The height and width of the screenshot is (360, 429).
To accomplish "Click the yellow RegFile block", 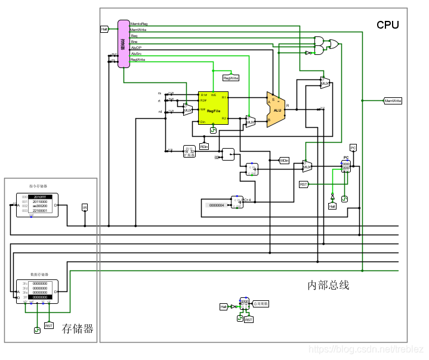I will click(x=213, y=107).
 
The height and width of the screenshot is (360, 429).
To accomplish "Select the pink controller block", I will click(x=124, y=43).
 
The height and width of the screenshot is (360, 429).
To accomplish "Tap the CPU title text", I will click(x=387, y=25).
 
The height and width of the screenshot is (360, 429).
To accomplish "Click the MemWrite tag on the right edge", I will click(x=393, y=101).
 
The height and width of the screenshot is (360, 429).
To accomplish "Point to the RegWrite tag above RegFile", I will click(x=230, y=78).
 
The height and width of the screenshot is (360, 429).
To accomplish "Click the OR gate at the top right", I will click(x=334, y=44).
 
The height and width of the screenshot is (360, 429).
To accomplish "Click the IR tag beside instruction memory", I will click(x=84, y=207).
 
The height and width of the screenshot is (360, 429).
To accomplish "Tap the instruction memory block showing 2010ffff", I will click(x=37, y=204).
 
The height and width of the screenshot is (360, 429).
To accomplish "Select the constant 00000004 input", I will click(x=215, y=205).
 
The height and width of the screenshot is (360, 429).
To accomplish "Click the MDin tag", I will click(x=284, y=160).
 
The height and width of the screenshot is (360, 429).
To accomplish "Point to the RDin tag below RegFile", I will click(x=204, y=146).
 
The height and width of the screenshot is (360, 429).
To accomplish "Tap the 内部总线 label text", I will click(x=328, y=285).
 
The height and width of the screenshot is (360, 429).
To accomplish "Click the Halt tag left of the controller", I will click(x=104, y=29).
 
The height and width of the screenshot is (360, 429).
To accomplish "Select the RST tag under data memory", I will click(x=49, y=326).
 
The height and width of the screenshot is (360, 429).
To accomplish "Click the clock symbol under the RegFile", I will click(x=213, y=130).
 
